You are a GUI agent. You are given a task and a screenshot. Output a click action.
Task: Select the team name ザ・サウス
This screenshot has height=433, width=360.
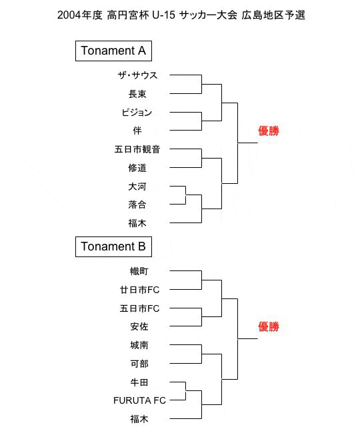click(137, 75)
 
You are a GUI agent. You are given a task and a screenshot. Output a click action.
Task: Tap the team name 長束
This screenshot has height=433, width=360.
click(137, 94)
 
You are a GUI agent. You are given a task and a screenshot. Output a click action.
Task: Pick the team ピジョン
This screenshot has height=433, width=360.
click(137, 113)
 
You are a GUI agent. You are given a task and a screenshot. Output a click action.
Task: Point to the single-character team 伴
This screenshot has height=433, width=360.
click(137, 131)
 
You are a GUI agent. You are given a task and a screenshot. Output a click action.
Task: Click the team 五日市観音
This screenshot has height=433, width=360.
click(137, 149)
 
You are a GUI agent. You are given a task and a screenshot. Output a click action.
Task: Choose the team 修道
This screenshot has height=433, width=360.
click(137, 168)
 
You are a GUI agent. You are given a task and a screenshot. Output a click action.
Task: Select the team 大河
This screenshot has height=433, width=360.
click(137, 187)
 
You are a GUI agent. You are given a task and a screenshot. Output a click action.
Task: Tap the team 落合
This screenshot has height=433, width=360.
click(137, 205)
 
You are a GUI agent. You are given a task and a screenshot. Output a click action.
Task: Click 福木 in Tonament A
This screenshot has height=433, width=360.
click(137, 223)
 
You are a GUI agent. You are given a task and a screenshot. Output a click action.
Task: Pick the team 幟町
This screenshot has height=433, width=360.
click(139, 271)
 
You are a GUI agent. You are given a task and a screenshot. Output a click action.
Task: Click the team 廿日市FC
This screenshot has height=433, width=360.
click(139, 290)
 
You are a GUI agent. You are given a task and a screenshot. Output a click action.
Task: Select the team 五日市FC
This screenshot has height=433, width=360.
click(139, 308)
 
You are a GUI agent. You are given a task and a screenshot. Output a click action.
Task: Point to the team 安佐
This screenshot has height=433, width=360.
click(139, 326)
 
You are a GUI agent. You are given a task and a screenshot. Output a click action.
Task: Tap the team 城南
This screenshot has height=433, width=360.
click(139, 345)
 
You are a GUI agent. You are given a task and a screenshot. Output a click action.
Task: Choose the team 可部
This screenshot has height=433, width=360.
click(139, 364)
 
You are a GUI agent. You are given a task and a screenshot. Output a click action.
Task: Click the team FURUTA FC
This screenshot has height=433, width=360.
click(139, 400)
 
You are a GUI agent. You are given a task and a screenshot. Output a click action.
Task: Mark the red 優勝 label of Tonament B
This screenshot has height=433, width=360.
click(269, 326)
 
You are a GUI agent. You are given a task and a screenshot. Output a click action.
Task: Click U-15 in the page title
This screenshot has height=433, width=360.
click(163, 15)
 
